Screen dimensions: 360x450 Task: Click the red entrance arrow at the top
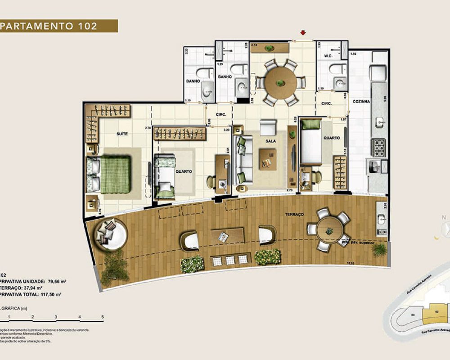click(x=303, y=32)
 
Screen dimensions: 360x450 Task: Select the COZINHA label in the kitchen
click(x=361, y=102)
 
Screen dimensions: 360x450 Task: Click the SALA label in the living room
click(x=270, y=141)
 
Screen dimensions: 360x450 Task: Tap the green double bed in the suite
click(x=115, y=174)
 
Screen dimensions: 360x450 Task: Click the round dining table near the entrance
click(x=280, y=82)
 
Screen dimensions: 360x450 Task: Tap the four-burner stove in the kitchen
click(x=378, y=146)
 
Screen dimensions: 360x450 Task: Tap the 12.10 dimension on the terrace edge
click(x=351, y=263)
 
